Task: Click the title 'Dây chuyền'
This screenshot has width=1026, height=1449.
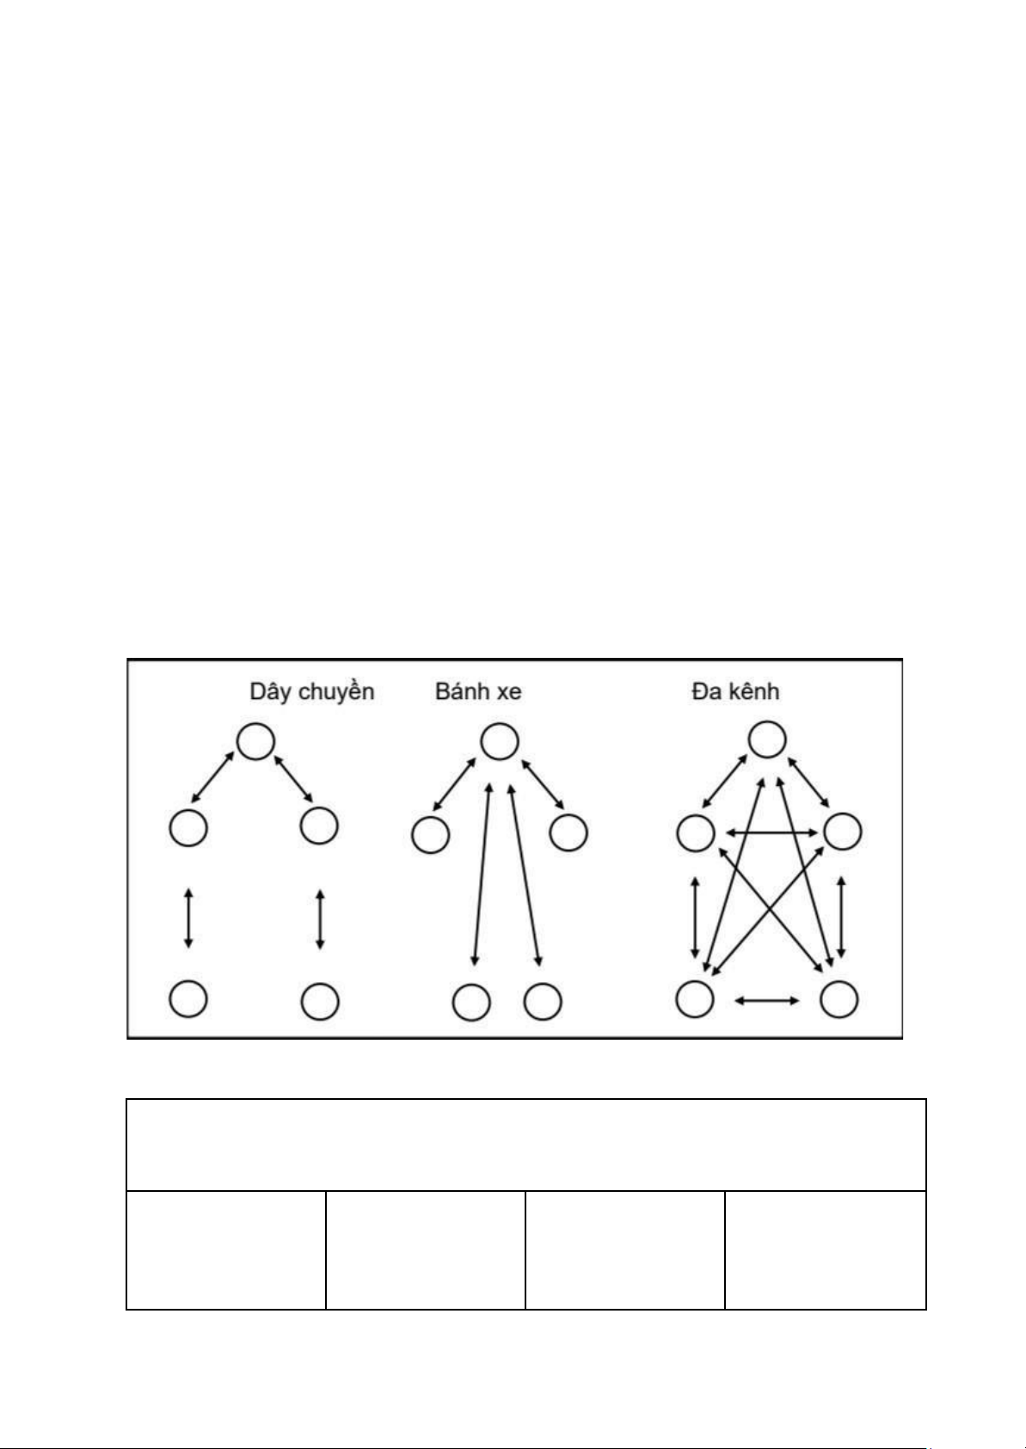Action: coord(311,691)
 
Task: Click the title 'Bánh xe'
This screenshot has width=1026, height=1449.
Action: coord(478,691)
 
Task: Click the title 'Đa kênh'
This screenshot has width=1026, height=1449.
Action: coord(735,691)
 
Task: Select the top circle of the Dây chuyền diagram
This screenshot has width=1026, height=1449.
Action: coord(256,741)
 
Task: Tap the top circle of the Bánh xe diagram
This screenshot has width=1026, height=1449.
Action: coord(499,741)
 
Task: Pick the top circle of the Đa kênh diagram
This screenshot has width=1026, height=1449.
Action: coord(767,740)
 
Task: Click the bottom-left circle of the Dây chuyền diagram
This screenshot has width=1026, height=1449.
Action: coord(188,998)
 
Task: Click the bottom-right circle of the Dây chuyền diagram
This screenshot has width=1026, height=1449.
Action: coord(320,1001)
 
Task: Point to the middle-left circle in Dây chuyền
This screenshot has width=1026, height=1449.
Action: coord(188,828)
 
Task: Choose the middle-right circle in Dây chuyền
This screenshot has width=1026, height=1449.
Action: coord(319,826)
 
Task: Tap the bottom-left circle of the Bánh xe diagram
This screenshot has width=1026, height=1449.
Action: coord(471,1002)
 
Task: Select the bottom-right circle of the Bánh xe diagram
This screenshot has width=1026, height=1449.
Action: coord(543,1001)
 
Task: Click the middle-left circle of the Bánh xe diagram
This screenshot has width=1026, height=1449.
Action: coord(430,834)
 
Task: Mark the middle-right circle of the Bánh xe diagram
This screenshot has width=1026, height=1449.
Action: coord(568,832)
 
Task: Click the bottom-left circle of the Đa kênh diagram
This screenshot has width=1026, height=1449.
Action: coord(695,998)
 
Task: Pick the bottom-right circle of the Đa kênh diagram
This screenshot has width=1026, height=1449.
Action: coord(839,998)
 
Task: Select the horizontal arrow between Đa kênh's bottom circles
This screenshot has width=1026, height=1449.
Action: coord(767,1000)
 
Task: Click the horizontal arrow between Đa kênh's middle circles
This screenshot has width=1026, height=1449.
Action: coord(771,832)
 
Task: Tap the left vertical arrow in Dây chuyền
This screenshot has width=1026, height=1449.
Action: coord(188,919)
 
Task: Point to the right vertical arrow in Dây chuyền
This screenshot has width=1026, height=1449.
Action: coord(320,919)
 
